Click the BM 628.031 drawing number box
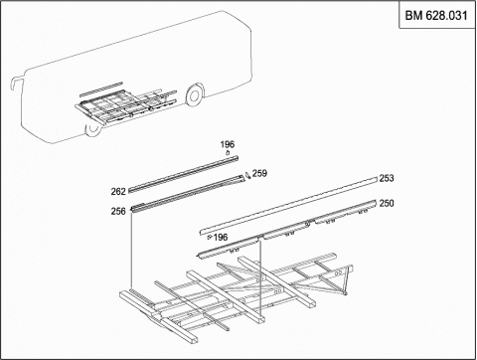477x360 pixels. pos(436,15)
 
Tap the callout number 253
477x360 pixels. pos(387,178)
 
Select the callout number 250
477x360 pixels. pos(387,203)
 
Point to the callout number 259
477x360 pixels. pos(259,173)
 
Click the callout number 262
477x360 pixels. pos(118,192)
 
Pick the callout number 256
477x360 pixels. pos(118,211)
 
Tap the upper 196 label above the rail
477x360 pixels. pos(228,144)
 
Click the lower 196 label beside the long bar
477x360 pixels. pos(221,238)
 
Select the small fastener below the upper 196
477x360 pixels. pos(228,153)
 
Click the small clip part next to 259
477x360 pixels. pos(247,175)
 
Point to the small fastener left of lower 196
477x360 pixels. pos(209,238)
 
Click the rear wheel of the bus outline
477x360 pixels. pos(194,94)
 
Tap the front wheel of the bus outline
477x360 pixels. pos(93,129)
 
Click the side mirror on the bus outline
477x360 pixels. pos(14,82)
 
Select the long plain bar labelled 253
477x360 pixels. pos(288,206)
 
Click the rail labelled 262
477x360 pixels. pos(183,173)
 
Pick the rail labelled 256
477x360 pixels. pos(188,193)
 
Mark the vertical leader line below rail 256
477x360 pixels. pos(132,251)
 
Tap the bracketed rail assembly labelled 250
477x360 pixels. pos(287,230)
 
